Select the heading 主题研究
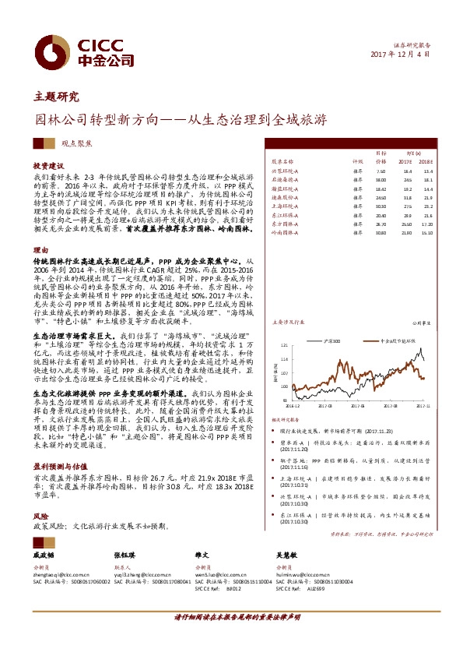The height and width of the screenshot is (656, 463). [57, 97]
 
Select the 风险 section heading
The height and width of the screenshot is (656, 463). [39, 516]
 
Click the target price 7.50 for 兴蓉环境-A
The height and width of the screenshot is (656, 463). [381, 171]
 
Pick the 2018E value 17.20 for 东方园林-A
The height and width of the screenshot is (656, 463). [426, 223]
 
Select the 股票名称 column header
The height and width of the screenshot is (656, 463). [283, 162]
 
